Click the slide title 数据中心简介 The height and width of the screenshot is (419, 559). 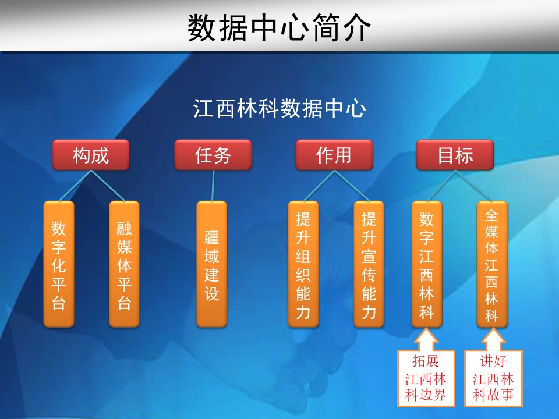coord(279,28)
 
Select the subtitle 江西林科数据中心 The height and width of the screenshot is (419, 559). coord(279,108)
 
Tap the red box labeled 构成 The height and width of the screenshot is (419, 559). coord(91,155)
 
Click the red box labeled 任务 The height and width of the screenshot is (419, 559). coord(213,155)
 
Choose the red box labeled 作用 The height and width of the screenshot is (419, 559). coord(334,155)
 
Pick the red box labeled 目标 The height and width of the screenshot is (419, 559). coord(455,155)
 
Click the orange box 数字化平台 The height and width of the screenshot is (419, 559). coord(59,264)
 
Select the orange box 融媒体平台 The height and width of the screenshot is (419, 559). coord(124,264)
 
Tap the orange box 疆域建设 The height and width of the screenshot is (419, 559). coord(212,264)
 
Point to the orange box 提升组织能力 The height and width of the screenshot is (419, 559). coord(303,264)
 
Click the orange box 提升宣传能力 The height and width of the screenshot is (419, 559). coord(369,264)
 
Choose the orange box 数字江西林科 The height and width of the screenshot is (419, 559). coord(427,264)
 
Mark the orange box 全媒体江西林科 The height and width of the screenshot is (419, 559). coord(493,264)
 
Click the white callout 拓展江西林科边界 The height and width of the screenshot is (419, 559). coord(426,378)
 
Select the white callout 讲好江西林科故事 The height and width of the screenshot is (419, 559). coord(493,378)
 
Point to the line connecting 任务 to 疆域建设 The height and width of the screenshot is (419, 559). coord(213,186)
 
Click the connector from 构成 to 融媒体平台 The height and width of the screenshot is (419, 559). coord(108,186)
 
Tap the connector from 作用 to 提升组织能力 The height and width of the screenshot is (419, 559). coord(319,186)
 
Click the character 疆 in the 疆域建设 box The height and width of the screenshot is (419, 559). coord(212,237)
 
